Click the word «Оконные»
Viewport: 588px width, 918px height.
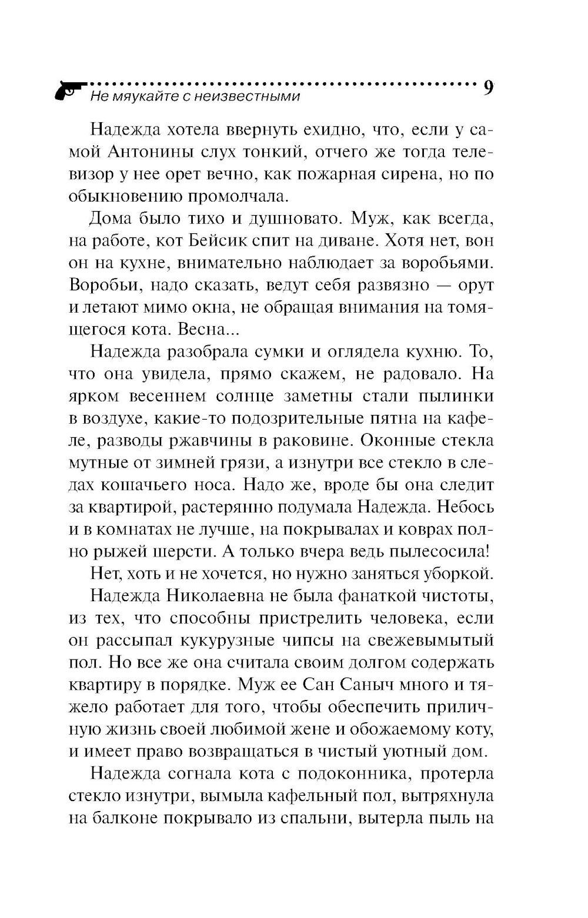click(401, 441)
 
